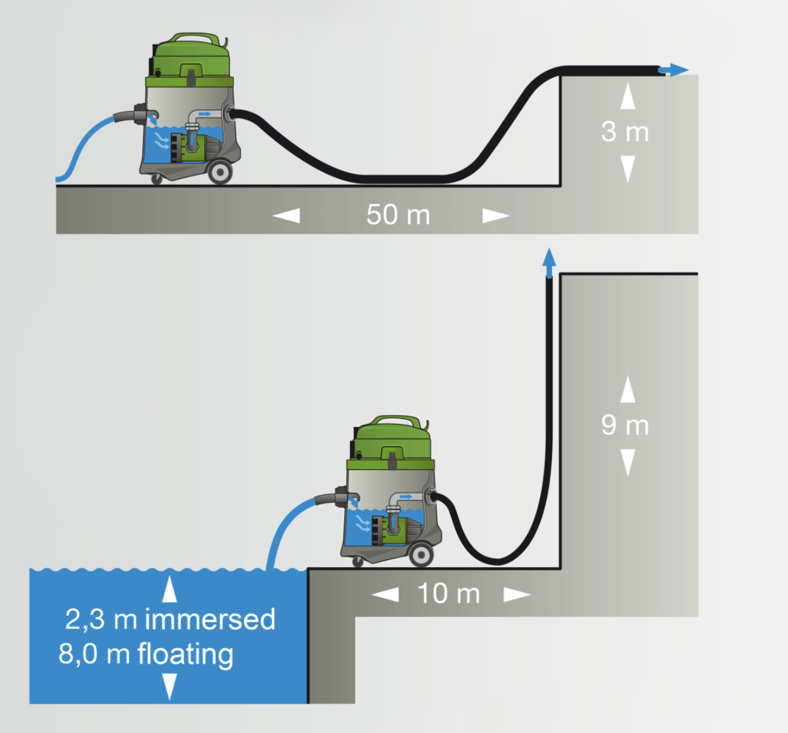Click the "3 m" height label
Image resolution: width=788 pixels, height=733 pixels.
tap(625, 132)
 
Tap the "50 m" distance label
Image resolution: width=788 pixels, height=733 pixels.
tap(398, 215)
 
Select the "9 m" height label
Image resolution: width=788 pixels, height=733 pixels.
tap(625, 425)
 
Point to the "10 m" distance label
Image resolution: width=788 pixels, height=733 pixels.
tap(449, 594)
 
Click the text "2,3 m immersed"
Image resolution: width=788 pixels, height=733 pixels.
tap(170, 620)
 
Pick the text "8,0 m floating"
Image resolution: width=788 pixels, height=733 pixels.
tap(146, 654)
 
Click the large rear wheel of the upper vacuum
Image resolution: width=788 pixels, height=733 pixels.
tap(220, 172)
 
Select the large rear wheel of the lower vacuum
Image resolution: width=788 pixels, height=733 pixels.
tap(420, 555)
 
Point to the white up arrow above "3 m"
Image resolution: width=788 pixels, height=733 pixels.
tap(628, 96)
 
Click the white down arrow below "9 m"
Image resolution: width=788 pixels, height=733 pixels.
tap(628, 462)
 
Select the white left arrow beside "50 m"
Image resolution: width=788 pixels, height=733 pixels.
tap(286, 215)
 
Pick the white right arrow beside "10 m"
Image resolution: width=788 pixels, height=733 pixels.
tap(517, 594)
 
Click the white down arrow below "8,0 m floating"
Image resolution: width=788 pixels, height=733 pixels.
tap(170, 687)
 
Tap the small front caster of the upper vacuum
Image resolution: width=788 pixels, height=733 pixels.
tap(156, 178)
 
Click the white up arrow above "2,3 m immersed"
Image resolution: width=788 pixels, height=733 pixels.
tap(170, 588)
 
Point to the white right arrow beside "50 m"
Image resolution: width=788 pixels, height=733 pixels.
tap(496, 215)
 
